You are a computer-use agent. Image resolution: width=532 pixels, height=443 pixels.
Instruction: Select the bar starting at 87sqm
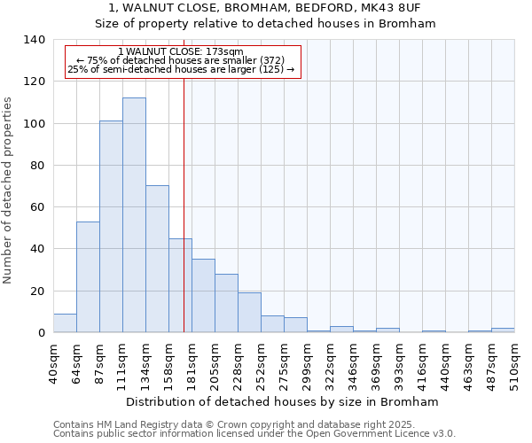tap(111, 227)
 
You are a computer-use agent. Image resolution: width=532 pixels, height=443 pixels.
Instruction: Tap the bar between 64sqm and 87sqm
tap(88, 277)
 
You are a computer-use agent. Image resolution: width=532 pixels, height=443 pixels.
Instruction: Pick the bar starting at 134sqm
tap(157, 259)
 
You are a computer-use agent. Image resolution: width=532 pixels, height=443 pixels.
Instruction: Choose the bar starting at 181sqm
tap(203, 296)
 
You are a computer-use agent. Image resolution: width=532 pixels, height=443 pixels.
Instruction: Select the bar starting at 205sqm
tap(226, 303)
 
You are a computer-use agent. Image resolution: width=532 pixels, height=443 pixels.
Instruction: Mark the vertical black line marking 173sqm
tap(184, 221)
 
